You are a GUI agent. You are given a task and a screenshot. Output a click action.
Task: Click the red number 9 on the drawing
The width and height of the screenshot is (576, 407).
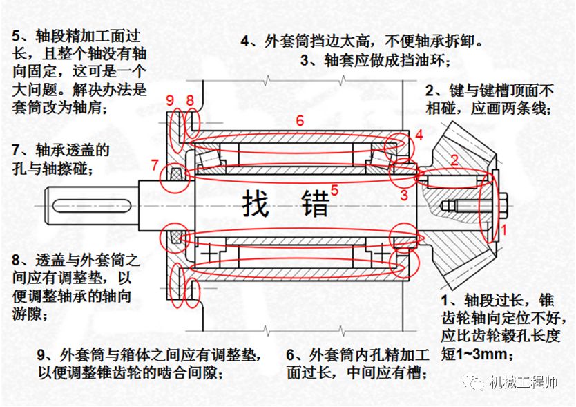171,101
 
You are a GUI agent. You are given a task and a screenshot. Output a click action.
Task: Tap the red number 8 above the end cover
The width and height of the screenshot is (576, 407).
189,101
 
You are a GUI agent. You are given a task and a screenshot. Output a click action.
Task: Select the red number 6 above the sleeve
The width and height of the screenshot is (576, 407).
299,120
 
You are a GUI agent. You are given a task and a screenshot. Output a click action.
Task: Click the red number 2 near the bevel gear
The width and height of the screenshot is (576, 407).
454,160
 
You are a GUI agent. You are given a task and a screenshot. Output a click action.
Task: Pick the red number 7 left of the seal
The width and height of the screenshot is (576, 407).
155,166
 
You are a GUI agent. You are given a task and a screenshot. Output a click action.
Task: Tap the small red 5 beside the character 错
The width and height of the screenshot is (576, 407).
334,189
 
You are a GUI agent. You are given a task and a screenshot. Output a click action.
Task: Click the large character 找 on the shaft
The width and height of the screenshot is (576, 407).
255,204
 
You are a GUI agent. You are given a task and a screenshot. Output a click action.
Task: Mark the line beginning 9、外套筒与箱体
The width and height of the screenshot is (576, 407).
148,355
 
